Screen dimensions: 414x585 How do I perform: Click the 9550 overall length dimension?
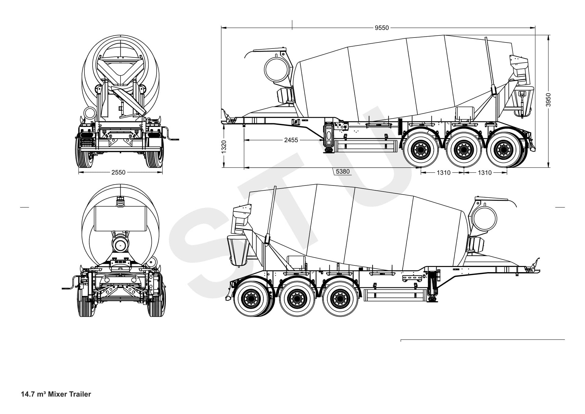pos(381,28)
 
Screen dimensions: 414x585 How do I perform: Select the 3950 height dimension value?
pos(548,100)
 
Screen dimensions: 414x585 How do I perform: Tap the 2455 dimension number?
pos(291,140)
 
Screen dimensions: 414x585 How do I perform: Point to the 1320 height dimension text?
pos(224,147)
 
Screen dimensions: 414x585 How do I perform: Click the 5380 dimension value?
pos(342,171)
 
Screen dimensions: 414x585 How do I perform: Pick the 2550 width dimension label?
pos(118,172)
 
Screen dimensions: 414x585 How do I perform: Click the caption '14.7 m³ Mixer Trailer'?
pos(56,394)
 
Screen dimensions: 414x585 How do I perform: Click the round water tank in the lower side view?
pos(485,218)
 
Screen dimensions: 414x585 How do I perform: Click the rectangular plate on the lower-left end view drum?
pos(121,218)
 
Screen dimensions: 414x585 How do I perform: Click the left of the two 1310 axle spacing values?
pos(443,173)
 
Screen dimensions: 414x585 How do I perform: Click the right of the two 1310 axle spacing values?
pos(484,173)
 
